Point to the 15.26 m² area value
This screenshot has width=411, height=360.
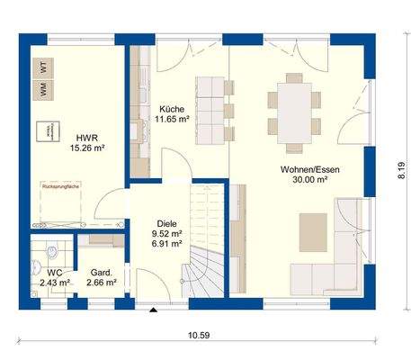[x=86, y=148]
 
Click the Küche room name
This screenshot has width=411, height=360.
[x=170, y=107]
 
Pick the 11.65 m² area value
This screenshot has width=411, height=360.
[x=170, y=118]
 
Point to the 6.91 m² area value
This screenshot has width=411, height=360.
[x=166, y=244]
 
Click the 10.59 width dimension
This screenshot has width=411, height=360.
[x=200, y=336]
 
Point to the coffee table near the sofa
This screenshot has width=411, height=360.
[x=314, y=224]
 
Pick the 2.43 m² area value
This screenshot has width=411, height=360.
[x=55, y=282]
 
